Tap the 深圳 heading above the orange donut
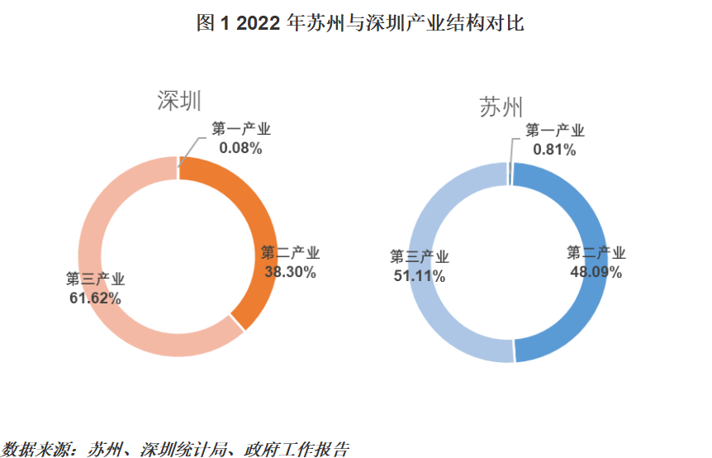point(179,101)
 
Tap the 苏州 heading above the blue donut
point(501,108)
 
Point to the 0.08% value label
point(240,149)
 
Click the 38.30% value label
point(290,271)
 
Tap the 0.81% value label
point(554,150)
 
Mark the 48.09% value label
point(596,271)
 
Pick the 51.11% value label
point(420,276)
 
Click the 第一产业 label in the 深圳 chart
point(240,130)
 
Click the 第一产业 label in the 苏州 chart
point(555,131)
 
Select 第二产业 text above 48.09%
point(596,252)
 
